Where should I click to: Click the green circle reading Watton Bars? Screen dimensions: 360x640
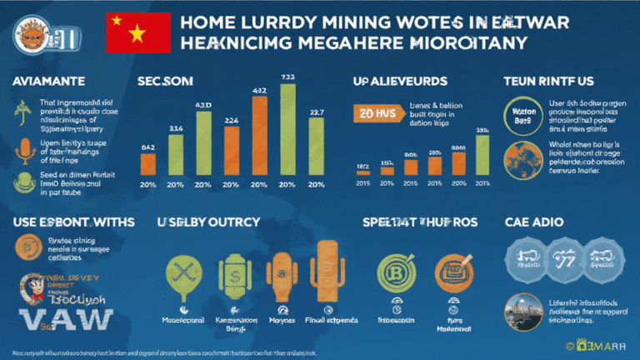(522, 115)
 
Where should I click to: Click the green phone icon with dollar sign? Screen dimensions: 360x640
(231, 273)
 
